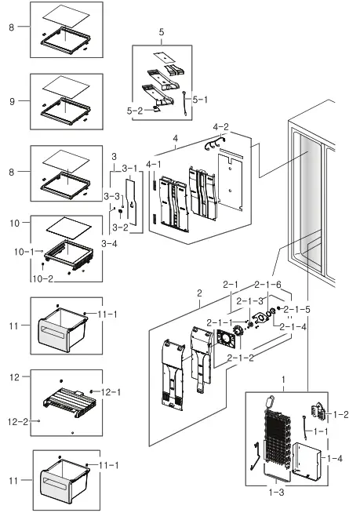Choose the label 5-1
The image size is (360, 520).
pyautogui.click(x=199, y=100)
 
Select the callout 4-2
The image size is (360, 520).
pyautogui.click(x=220, y=126)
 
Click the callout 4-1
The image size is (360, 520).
pyautogui.click(x=154, y=164)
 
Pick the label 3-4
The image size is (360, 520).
pyautogui.click(x=109, y=244)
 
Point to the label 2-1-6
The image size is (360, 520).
pyautogui.click(x=267, y=284)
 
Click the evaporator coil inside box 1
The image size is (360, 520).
pyautogui.click(x=281, y=445)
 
